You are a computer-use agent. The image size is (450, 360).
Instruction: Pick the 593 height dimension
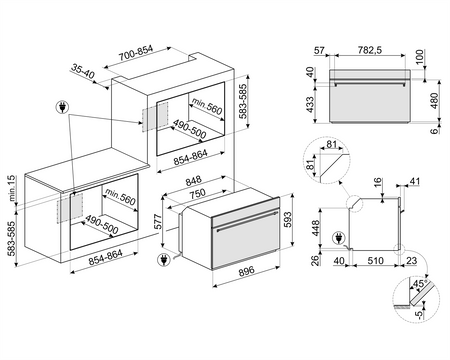(289, 218)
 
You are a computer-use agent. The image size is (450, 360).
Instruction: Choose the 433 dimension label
(310, 103)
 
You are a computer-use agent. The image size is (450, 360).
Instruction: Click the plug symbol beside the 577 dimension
(163, 259)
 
